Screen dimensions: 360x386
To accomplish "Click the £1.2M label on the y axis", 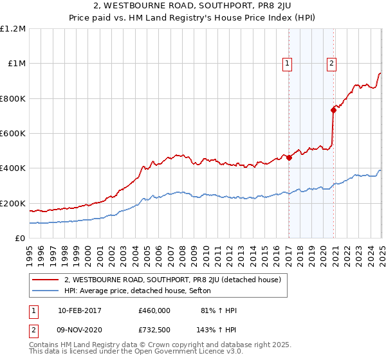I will tap(13, 29).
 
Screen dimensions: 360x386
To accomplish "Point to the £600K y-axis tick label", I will tap(13, 134).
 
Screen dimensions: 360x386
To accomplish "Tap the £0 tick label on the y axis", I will tap(19, 239).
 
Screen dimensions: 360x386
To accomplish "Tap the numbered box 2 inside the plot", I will tap(331, 63).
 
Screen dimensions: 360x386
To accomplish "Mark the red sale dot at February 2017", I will tap(289, 157).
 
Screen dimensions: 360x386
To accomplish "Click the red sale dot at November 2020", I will tap(334, 110).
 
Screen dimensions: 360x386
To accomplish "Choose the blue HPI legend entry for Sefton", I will tap(142, 291).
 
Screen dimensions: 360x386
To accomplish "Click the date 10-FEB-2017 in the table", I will tap(79, 310).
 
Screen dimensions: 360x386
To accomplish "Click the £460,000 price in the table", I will tap(154, 310).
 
